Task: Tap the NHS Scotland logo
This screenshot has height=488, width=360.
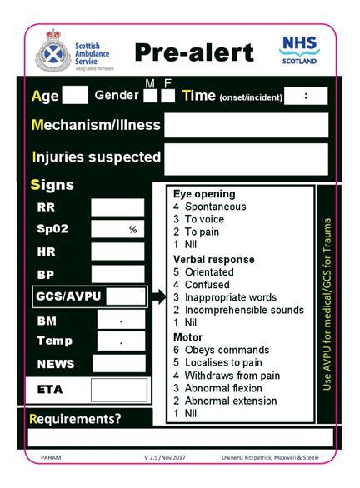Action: (x=299, y=49)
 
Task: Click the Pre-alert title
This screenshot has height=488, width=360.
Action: (x=193, y=52)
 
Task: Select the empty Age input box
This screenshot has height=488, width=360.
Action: (x=75, y=95)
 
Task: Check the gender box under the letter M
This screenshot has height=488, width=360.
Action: (x=150, y=96)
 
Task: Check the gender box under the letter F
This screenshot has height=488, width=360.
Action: (x=167, y=96)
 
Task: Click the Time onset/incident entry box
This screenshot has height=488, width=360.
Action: (x=306, y=96)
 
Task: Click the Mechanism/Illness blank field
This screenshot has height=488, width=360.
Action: (x=246, y=125)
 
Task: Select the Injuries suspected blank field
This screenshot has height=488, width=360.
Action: (x=246, y=158)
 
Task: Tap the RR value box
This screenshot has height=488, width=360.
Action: (x=117, y=207)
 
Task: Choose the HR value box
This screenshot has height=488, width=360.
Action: (x=117, y=251)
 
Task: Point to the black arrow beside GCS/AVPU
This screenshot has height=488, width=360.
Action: (x=158, y=296)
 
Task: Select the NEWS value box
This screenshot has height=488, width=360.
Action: (x=118, y=363)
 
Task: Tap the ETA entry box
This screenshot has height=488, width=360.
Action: (x=118, y=390)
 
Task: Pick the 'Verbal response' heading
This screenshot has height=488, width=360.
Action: (x=213, y=259)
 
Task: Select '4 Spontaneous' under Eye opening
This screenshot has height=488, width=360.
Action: (x=209, y=206)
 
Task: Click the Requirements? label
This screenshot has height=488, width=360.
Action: (x=75, y=419)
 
